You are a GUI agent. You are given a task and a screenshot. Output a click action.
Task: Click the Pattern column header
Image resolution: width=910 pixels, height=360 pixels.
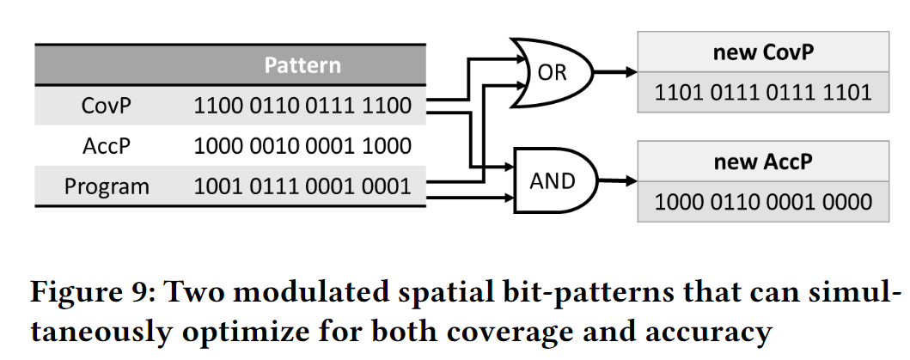point(302,65)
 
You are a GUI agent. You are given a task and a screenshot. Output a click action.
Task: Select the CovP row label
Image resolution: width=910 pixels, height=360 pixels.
point(106,107)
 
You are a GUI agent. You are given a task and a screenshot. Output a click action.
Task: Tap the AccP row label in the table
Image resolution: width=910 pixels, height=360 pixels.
point(106,146)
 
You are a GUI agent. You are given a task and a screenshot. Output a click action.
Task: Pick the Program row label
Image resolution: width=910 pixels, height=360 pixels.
point(106,186)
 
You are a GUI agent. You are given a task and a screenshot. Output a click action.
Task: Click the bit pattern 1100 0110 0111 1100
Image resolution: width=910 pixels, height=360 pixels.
point(302,107)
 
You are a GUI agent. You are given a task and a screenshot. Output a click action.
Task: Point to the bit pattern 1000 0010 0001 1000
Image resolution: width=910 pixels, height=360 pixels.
point(302,146)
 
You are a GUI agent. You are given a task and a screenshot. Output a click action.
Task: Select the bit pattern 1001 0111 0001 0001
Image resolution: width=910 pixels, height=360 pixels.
point(302,186)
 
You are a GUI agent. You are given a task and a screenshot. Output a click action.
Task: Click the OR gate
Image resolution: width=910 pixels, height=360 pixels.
point(553,73)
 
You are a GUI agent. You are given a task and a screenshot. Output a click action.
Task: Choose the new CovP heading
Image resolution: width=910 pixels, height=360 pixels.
point(763,52)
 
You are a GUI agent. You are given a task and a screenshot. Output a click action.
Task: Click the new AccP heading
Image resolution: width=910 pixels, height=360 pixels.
point(763,161)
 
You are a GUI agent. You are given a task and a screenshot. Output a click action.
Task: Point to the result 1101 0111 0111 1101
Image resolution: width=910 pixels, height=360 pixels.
point(763,92)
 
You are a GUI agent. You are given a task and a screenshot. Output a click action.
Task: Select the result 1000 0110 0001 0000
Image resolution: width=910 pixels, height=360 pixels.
point(763,202)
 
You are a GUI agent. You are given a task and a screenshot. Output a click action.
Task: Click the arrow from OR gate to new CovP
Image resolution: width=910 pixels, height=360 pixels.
point(617,73)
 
